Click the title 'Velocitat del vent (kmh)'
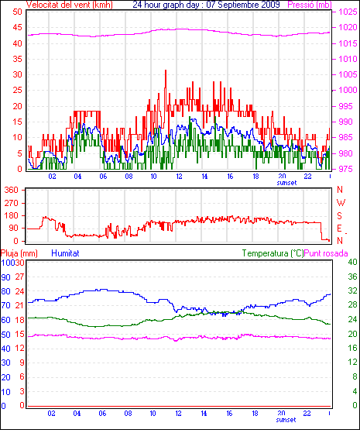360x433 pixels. point(70,5)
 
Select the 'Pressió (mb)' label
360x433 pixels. point(310,5)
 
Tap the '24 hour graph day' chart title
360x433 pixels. point(166,5)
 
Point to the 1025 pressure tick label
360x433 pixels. point(348,12)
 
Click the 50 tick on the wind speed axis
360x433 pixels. point(17,12)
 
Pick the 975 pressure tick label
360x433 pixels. point(345,169)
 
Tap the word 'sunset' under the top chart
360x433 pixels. point(286,183)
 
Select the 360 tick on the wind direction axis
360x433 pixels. point(11,190)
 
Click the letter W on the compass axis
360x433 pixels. point(341,203)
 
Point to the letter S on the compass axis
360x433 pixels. point(339,215)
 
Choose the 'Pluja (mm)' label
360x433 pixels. point(19,253)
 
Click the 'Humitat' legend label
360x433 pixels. point(66,253)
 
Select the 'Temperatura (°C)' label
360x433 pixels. point(273,253)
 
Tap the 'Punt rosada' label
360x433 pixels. point(326,253)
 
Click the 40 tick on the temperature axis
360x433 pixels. point(352,262)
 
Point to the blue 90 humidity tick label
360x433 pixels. point(5,277)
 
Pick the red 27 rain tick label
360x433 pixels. point(19,277)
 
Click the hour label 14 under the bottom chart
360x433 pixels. point(204,414)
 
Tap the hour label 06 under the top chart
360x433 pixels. point(103,176)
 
